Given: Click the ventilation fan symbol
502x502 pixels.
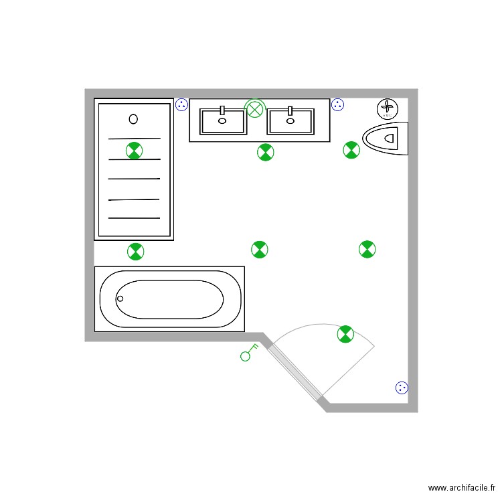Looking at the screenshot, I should coord(388,108).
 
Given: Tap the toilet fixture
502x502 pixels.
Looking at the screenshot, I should coord(387,139).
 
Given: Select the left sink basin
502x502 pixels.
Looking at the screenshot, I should coord(224,122).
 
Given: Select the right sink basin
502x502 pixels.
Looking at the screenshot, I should coord(290,122).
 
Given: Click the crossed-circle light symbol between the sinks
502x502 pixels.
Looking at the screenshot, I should coord(255,108).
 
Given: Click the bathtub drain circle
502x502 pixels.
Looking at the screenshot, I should coord(120,299).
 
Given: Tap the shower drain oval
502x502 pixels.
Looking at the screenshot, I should coord(133,119).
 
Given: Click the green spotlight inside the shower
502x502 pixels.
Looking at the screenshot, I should coord(135,150).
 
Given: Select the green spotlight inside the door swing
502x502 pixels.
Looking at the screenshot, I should coord(345,333).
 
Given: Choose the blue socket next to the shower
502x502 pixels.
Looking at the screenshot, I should coord(181,104).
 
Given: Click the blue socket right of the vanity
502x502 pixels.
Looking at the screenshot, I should coord(338,104).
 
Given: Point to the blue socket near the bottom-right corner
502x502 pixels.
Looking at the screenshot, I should coord(402,388).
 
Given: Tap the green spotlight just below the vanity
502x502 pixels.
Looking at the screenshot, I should coord(266,153).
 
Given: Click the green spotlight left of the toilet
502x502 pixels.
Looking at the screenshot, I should coord(351,150).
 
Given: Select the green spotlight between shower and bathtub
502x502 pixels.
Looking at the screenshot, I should coord(135,252).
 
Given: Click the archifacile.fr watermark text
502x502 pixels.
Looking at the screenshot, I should coord(461,489).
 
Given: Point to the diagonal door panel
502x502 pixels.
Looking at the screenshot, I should coord(295,371).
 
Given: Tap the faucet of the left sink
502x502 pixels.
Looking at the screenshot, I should coord(222,111).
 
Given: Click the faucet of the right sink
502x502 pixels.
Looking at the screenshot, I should coord(290,111).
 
